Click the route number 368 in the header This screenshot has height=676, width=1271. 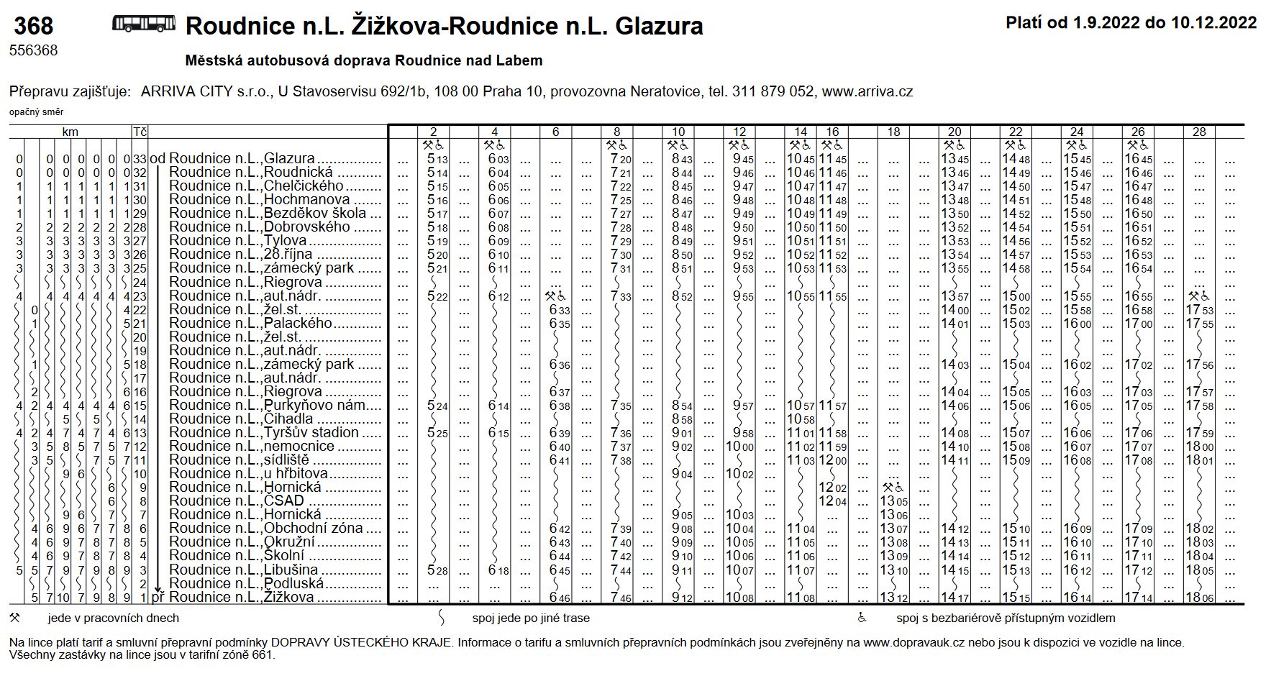tap(33, 27)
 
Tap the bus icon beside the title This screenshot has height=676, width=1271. tap(143, 24)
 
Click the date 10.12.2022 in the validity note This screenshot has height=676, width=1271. tap(1213, 22)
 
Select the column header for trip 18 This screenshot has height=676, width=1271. tap(893, 132)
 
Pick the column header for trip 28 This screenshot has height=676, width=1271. tap(1199, 132)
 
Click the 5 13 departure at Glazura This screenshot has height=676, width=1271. tap(437, 159)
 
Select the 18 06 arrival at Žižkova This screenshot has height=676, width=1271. tap(1199, 598)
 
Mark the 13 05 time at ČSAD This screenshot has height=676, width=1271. tap(893, 501)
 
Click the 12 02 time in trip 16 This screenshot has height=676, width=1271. tap(832, 488)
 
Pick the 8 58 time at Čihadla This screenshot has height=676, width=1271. tap(681, 419)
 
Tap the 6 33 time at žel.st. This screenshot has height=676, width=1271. tap(559, 311)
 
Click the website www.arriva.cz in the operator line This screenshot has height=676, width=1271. tap(867, 92)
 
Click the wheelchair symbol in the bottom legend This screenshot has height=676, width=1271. tap(862, 618)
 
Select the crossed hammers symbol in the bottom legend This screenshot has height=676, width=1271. tap(14, 618)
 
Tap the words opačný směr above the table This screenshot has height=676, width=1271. tap(36, 112)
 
